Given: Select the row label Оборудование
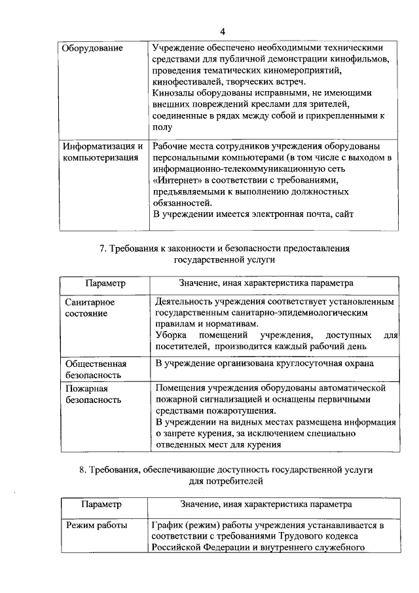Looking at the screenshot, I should point(90,48).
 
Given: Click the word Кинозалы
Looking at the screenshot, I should point(172,92).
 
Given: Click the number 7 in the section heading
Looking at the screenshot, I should point(101,248).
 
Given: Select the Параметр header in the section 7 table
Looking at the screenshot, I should point(105,284).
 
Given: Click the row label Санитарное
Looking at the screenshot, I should point(90,302).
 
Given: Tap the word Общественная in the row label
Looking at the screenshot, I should point(96,364).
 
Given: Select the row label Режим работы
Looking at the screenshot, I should point(95,526).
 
